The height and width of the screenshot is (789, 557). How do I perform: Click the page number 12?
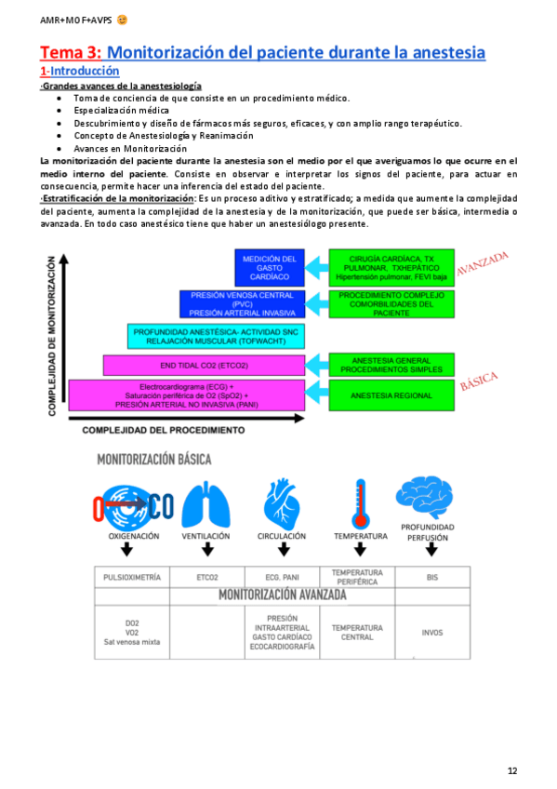(x=512, y=770)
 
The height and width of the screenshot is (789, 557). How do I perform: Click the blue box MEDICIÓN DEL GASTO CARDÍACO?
(x=268, y=267)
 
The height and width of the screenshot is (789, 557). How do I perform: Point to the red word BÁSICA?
(x=480, y=381)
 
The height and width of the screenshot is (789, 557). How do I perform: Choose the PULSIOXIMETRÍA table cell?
(x=132, y=577)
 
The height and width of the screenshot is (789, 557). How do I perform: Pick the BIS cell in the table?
(x=431, y=577)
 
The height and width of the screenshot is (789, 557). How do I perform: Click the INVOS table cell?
(x=431, y=633)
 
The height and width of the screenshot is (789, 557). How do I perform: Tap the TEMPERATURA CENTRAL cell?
(x=357, y=633)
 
